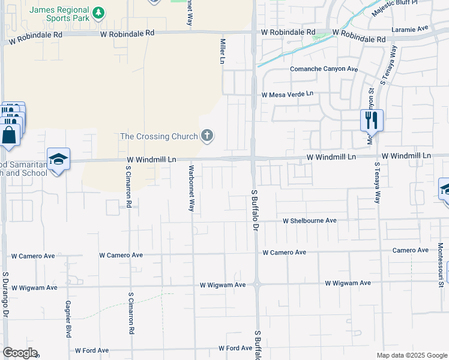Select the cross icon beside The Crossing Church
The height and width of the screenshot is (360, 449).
coord(206,136)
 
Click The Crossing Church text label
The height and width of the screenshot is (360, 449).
coord(158,136)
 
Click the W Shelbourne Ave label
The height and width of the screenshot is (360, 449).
coord(310,221)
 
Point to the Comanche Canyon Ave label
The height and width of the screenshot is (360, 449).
coord(324,69)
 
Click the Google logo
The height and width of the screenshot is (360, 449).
coord(20,353)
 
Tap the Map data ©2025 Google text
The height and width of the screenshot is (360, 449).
coord(411,355)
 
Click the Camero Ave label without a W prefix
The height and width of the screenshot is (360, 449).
coord(411,250)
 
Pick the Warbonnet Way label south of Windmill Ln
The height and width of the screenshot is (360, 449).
coord(191,188)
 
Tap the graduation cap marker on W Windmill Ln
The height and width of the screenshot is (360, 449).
coord(58,160)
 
